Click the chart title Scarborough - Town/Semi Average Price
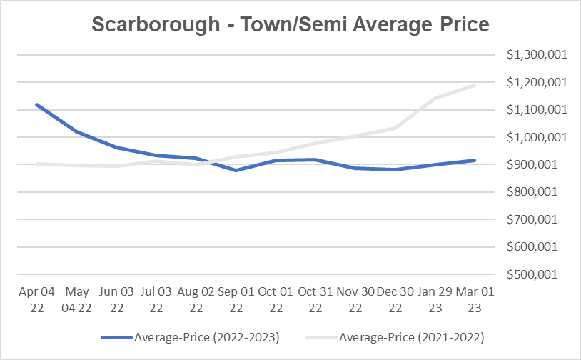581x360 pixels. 290,25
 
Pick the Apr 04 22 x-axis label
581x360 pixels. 36,299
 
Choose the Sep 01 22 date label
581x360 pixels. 235,299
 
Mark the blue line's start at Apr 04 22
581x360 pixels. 36,104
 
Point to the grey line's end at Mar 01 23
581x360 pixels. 474,85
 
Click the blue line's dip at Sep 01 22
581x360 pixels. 235,171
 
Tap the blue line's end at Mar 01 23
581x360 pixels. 474,160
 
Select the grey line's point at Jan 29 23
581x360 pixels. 434,99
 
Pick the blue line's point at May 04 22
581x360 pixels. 76,131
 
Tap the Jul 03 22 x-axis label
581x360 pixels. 155,299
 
